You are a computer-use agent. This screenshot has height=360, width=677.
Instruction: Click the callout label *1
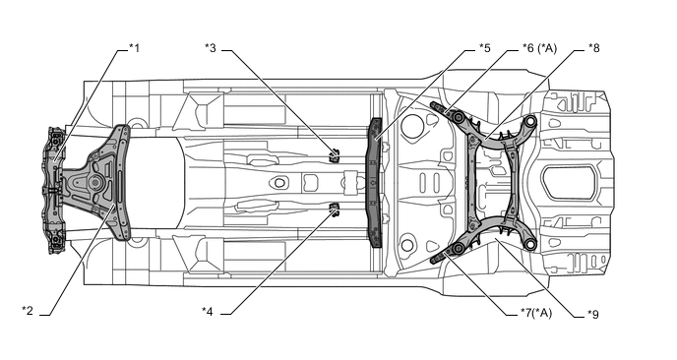[x=134, y=48]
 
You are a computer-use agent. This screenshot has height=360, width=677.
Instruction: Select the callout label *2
[x=28, y=311]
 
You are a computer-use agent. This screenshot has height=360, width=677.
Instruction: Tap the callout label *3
[x=211, y=48]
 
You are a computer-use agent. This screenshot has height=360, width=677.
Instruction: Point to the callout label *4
[x=208, y=311]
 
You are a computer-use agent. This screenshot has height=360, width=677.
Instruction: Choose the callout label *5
[x=484, y=48]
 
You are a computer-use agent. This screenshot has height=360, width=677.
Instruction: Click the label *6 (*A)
[x=539, y=48]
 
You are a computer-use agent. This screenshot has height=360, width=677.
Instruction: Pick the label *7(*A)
[x=536, y=313]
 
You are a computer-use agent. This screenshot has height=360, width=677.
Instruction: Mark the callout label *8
[x=593, y=48]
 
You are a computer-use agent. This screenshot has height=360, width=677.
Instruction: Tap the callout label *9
[x=592, y=314]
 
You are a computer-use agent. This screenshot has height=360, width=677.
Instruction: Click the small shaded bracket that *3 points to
[x=334, y=155]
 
